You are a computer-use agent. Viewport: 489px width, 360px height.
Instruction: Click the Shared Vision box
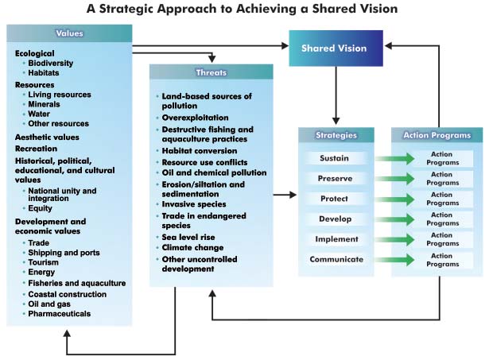point(335,48)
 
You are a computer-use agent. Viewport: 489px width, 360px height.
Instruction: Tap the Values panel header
point(69,33)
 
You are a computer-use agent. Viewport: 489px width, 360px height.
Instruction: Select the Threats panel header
point(211,72)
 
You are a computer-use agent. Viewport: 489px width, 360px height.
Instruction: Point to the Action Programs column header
point(437,135)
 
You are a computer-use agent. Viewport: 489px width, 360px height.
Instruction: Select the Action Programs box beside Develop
point(440,219)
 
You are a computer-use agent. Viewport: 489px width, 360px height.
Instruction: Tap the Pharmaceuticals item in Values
point(60,314)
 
